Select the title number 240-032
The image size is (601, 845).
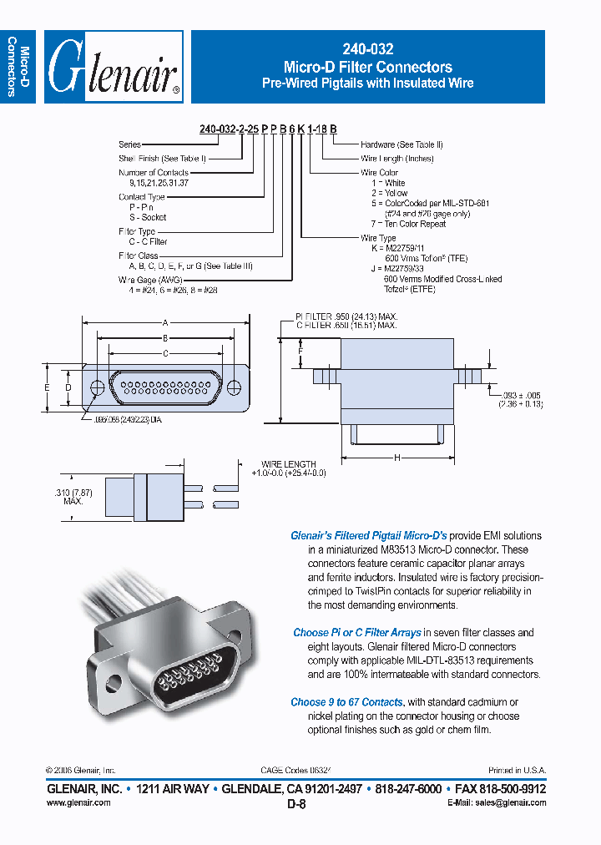[368, 50]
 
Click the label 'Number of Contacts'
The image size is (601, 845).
[154, 173]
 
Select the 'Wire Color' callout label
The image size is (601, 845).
[381, 173]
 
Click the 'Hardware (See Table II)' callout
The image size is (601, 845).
[402, 144]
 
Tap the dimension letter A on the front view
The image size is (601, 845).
[165, 322]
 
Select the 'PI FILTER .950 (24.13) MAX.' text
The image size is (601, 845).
[346, 316]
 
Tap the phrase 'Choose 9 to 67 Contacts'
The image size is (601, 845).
[346, 702]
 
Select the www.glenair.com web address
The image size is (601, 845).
[78, 802]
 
